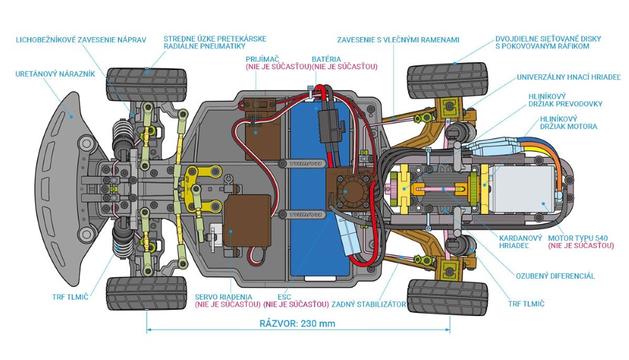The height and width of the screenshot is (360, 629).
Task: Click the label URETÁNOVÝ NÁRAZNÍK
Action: [x=55, y=74]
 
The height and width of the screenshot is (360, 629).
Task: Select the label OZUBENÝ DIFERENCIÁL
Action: [x=555, y=276]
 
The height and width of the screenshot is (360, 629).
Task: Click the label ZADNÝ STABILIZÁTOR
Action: [x=369, y=304]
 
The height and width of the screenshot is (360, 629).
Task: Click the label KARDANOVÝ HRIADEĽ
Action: [x=520, y=242]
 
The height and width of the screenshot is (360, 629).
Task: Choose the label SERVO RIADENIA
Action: [x=223, y=296]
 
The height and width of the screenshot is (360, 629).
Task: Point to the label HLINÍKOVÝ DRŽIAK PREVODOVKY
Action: [x=565, y=100]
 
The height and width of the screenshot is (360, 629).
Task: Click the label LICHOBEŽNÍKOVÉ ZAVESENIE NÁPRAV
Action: [x=81, y=40]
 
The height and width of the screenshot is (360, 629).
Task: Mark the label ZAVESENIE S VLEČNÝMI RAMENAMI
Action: [x=398, y=40]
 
